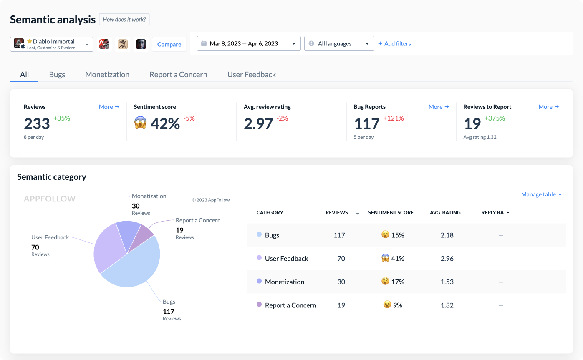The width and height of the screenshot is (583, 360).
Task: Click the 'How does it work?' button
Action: click(x=124, y=20)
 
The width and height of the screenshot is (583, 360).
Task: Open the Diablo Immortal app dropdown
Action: click(x=52, y=44)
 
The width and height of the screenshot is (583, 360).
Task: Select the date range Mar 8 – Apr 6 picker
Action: click(x=248, y=44)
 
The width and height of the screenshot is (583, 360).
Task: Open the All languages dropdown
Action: click(x=339, y=44)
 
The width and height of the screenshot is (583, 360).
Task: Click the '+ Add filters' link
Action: click(x=394, y=44)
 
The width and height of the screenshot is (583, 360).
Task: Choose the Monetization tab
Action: click(x=107, y=75)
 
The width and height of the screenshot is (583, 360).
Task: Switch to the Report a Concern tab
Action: click(x=178, y=75)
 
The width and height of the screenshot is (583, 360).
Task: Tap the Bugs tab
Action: click(x=57, y=75)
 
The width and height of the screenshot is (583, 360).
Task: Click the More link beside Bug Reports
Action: click(x=439, y=107)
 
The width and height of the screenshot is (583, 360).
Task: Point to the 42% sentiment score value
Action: click(x=165, y=124)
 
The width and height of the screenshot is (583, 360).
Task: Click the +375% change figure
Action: click(x=494, y=118)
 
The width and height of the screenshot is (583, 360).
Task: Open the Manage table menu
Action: click(x=541, y=194)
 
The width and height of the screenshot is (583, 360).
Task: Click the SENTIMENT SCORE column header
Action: click(x=391, y=213)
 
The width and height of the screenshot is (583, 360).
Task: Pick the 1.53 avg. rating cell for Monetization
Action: click(x=447, y=282)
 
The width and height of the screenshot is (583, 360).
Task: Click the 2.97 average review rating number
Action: click(x=258, y=124)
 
